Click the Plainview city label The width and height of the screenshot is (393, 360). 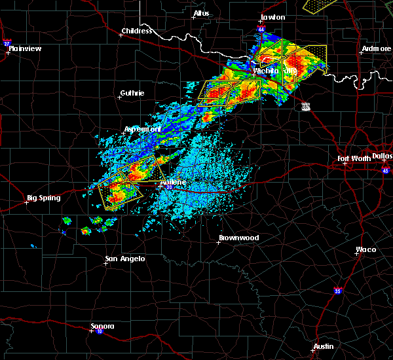26,48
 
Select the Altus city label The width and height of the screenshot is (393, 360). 202,13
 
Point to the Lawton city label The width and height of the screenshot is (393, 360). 273,17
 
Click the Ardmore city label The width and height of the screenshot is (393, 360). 377,49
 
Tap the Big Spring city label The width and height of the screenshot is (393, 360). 43,198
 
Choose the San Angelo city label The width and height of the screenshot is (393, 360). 124,259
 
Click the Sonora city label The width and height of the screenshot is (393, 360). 102,326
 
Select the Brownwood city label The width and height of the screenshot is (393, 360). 238,238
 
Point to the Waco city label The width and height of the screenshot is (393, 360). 365,249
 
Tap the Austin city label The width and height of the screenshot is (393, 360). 323,346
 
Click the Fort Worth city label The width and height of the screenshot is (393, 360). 354,158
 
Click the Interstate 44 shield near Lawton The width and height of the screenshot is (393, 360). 261,30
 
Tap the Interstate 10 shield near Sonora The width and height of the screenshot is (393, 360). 99,331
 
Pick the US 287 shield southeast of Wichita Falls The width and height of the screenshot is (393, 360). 306,106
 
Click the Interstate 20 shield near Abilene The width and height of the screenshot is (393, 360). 169,188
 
